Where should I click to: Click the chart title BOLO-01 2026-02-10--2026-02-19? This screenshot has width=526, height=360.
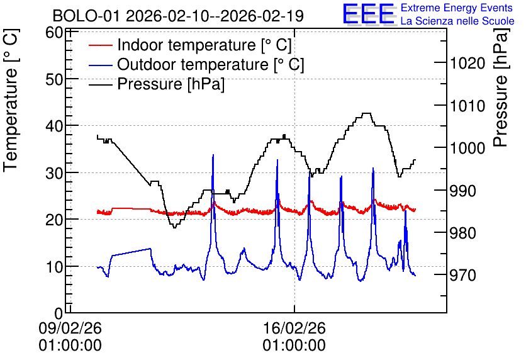[178, 16]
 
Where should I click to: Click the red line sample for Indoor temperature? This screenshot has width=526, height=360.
[100, 45]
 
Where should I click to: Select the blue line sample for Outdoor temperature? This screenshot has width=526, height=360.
[100, 65]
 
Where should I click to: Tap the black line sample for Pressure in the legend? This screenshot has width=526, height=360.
[100, 84]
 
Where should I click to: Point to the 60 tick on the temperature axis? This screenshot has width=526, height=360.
[54, 33]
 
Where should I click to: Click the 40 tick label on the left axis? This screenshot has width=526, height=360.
[54, 127]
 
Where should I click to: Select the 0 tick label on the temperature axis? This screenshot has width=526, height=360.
[59, 313]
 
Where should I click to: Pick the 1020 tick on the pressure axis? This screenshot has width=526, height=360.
[467, 63]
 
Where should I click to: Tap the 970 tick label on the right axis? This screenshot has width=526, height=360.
[463, 276]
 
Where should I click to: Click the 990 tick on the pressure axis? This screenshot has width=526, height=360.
[463, 191]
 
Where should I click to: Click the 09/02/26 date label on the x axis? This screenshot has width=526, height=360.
[70, 328]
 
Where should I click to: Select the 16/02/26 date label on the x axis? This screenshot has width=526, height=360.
[294, 328]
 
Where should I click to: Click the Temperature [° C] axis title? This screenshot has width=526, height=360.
[11, 100]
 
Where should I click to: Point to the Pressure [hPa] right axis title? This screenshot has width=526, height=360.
[501, 87]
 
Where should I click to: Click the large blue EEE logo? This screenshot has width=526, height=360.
[369, 14]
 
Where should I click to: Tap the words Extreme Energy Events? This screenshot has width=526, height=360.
[457, 8]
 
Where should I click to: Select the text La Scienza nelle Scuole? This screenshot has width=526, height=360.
[457, 21]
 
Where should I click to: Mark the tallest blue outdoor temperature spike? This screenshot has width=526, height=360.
[213, 155]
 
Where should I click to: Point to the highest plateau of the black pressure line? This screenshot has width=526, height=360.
[367, 113]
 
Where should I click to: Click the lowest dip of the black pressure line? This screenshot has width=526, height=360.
[174, 227]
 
